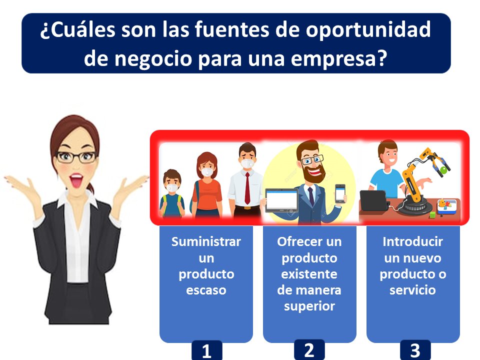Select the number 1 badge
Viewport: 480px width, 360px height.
click(206, 351)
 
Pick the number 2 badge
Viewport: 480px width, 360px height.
click(309, 349)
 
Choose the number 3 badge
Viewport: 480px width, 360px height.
click(415, 351)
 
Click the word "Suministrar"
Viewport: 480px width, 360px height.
click(206, 242)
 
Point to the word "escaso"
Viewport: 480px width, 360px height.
click(206, 290)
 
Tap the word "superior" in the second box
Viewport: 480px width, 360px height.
click(309, 306)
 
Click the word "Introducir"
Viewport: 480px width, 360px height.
click(412, 242)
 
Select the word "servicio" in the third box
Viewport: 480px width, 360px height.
click(412, 290)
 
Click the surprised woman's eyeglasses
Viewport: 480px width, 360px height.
click(76, 157)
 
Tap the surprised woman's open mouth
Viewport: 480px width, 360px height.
click(77, 178)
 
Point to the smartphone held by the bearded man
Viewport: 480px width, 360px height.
click(340, 193)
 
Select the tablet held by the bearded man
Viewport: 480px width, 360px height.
click(281, 200)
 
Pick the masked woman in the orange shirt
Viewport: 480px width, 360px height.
click(207, 187)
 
